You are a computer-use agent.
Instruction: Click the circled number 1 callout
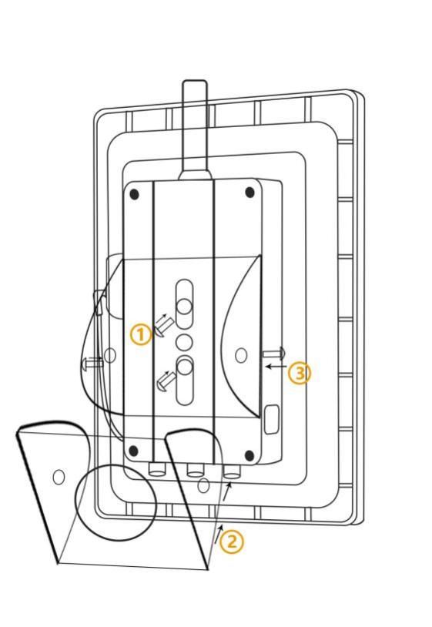(x=141, y=335)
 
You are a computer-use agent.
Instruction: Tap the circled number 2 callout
(x=233, y=541)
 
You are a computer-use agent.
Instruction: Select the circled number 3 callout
(x=300, y=374)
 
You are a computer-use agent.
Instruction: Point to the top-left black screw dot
(x=135, y=194)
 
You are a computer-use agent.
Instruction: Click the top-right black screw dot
(x=249, y=193)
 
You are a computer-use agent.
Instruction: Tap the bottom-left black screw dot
(x=134, y=451)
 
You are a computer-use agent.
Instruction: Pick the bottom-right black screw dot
(x=249, y=455)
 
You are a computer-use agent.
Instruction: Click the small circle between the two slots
(x=184, y=343)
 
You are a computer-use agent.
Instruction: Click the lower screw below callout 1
(x=166, y=381)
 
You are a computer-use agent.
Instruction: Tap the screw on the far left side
(x=92, y=363)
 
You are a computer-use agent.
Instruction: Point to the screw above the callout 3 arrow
(x=274, y=354)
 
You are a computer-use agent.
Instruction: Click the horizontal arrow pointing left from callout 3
(x=276, y=366)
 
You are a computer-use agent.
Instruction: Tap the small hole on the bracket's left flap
(x=59, y=477)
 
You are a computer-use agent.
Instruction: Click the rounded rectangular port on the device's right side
(x=272, y=419)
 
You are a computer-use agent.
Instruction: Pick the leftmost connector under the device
(x=156, y=469)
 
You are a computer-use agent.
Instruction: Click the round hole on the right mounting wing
(x=241, y=355)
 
